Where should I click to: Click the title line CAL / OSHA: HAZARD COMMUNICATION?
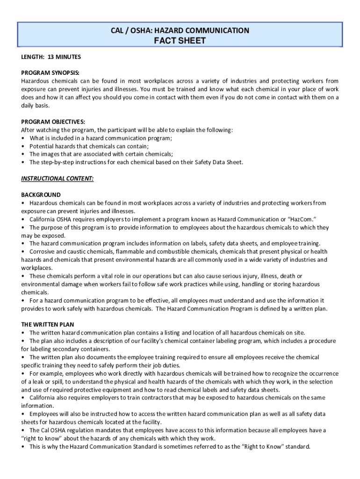180,30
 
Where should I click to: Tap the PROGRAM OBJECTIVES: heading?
53,122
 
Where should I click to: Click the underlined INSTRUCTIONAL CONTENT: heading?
58,178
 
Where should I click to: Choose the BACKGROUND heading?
41,195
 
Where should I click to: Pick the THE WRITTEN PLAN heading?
48,324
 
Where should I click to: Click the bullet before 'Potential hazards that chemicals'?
23,146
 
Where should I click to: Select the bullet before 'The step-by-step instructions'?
23,162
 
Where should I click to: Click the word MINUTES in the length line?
68,57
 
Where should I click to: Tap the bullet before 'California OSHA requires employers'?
23,219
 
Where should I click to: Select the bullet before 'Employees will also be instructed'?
23,414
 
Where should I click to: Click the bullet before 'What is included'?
23,138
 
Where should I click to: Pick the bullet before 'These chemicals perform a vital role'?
23,276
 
